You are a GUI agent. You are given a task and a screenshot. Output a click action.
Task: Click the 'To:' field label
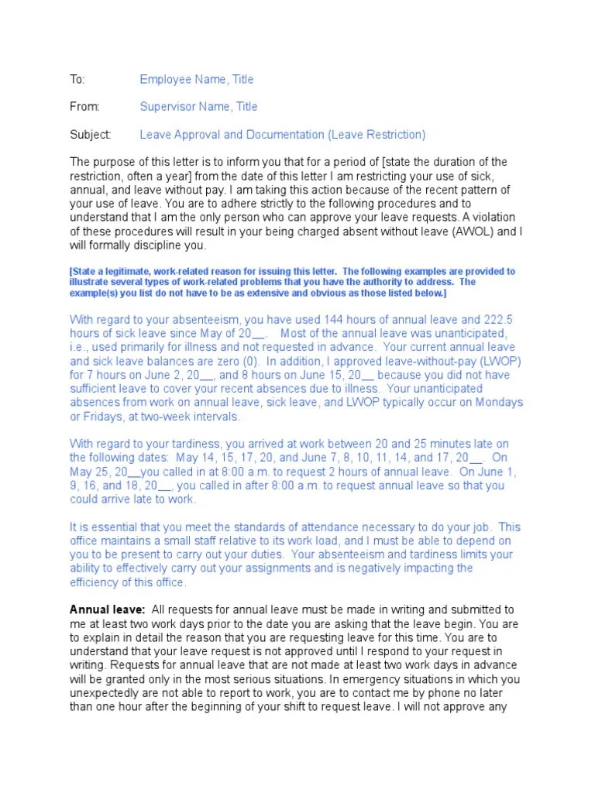77,79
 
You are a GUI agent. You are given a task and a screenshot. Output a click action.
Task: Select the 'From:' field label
84,106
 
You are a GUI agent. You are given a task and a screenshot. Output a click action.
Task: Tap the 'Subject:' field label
91,134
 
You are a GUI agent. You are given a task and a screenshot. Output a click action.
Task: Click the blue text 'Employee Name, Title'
196,79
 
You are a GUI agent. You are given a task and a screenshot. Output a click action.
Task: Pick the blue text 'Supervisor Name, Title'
198,106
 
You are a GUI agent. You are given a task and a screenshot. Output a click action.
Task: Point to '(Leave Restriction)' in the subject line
376,134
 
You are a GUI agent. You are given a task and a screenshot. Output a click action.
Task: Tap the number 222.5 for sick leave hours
495,319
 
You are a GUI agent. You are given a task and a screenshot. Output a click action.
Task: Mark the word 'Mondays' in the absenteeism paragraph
497,403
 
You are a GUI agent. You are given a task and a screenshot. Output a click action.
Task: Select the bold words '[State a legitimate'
117,272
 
